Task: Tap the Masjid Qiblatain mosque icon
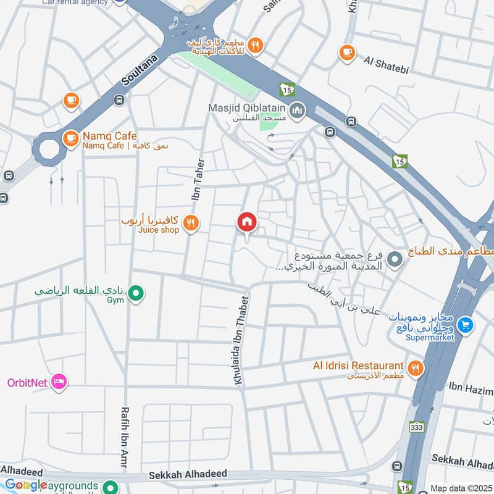[298, 111]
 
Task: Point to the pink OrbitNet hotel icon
[59, 382]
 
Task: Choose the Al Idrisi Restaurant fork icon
[416, 368]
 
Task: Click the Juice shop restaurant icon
[191, 224]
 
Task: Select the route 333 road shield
[417, 427]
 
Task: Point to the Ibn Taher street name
[198, 179]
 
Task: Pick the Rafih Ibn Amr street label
[125, 433]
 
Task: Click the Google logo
[25, 485]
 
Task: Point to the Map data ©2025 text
[460, 488]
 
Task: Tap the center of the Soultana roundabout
[49, 149]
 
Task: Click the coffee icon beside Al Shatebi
[347, 53]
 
